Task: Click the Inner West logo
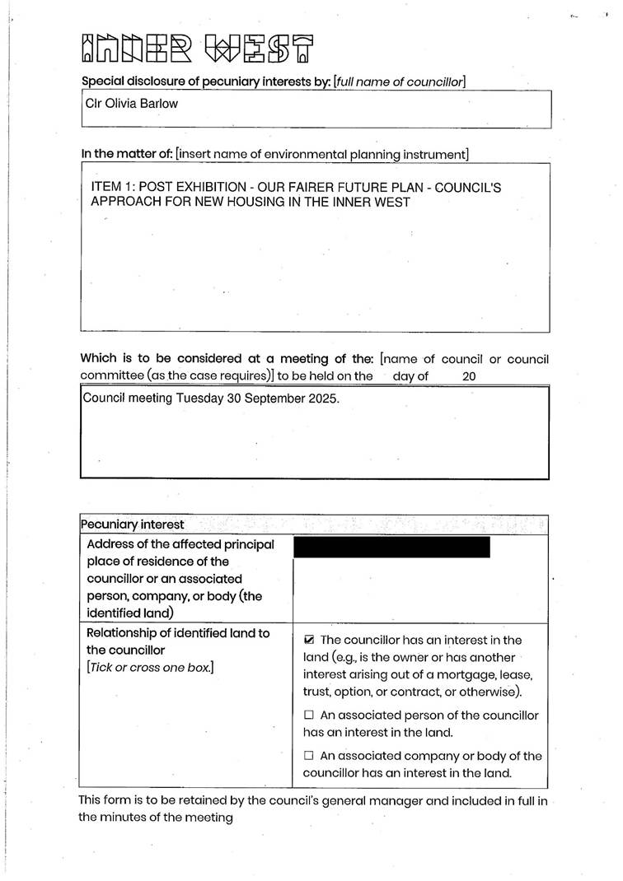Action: coord(198,49)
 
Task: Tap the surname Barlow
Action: coord(160,104)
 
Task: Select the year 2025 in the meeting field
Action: coord(332,398)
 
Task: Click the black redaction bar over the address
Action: coord(391,548)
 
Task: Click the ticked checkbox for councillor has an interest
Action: coord(309,640)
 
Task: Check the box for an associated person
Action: coord(309,715)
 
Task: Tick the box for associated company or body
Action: coord(309,755)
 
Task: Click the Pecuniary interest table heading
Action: coord(132,524)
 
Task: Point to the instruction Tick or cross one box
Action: coord(150,668)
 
